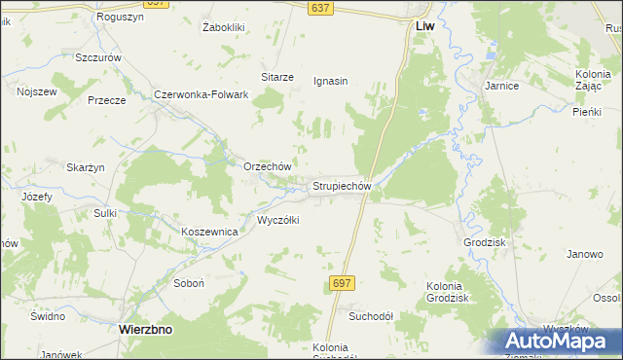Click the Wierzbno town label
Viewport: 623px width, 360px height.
coord(145,329)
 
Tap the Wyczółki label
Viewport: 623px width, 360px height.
coord(277,220)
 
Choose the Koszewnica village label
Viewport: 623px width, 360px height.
coord(210,232)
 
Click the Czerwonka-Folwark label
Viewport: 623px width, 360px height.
coord(202,94)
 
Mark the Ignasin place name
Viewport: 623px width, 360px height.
coord(331,81)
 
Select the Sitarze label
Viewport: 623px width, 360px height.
coord(277,76)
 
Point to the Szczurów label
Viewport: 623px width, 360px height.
coord(98,57)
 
